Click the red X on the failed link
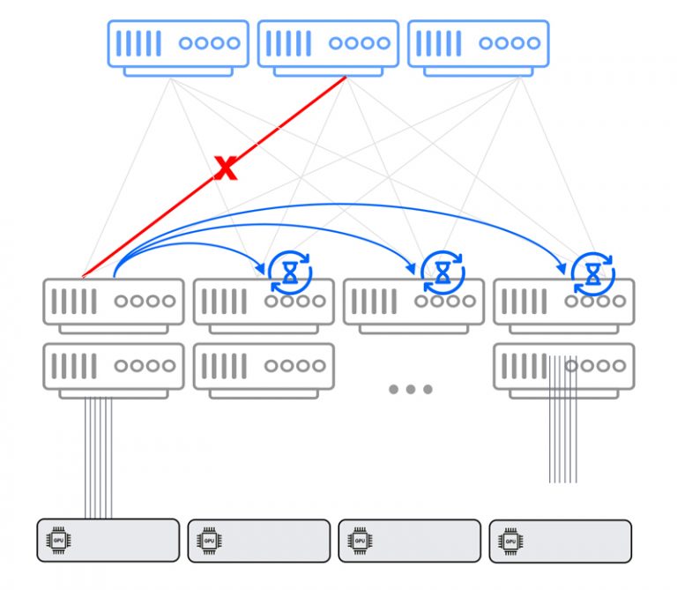tap(227, 168)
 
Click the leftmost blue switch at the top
tap(178, 48)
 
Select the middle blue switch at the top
tap(328, 48)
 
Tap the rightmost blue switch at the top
tap(479, 48)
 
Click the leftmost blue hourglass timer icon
tap(290, 273)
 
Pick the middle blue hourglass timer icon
tap(442, 273)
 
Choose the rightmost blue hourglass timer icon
tap(592, 273)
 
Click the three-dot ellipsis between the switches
tap(410, 389)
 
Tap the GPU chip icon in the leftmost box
tap(59, 540)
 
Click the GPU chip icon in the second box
tap(210, 540)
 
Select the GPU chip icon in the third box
tap(360, 540)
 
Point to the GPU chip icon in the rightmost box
tap(510, 540)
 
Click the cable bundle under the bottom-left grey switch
tap(99, 459)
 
